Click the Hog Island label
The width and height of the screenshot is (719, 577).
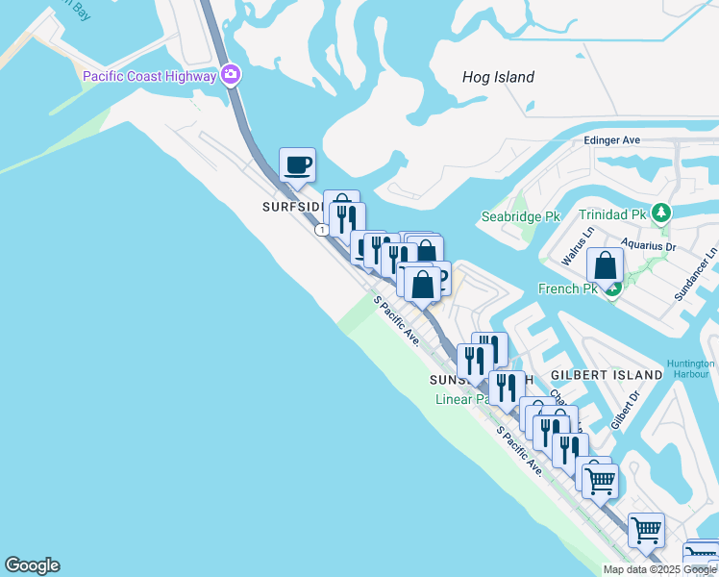click(x=498, y=78)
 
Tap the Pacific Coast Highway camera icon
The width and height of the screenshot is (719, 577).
click(x=231, y=74)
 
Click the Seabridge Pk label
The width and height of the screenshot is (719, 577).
click(x=520, y=217)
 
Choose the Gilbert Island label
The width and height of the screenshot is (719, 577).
click(x=606, y=374)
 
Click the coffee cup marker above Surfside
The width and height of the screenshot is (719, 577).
click(x=297, y=163)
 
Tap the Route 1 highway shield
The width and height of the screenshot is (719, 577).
click(x=321, y=230)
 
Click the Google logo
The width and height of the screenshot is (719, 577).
click(x=32, y=565)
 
